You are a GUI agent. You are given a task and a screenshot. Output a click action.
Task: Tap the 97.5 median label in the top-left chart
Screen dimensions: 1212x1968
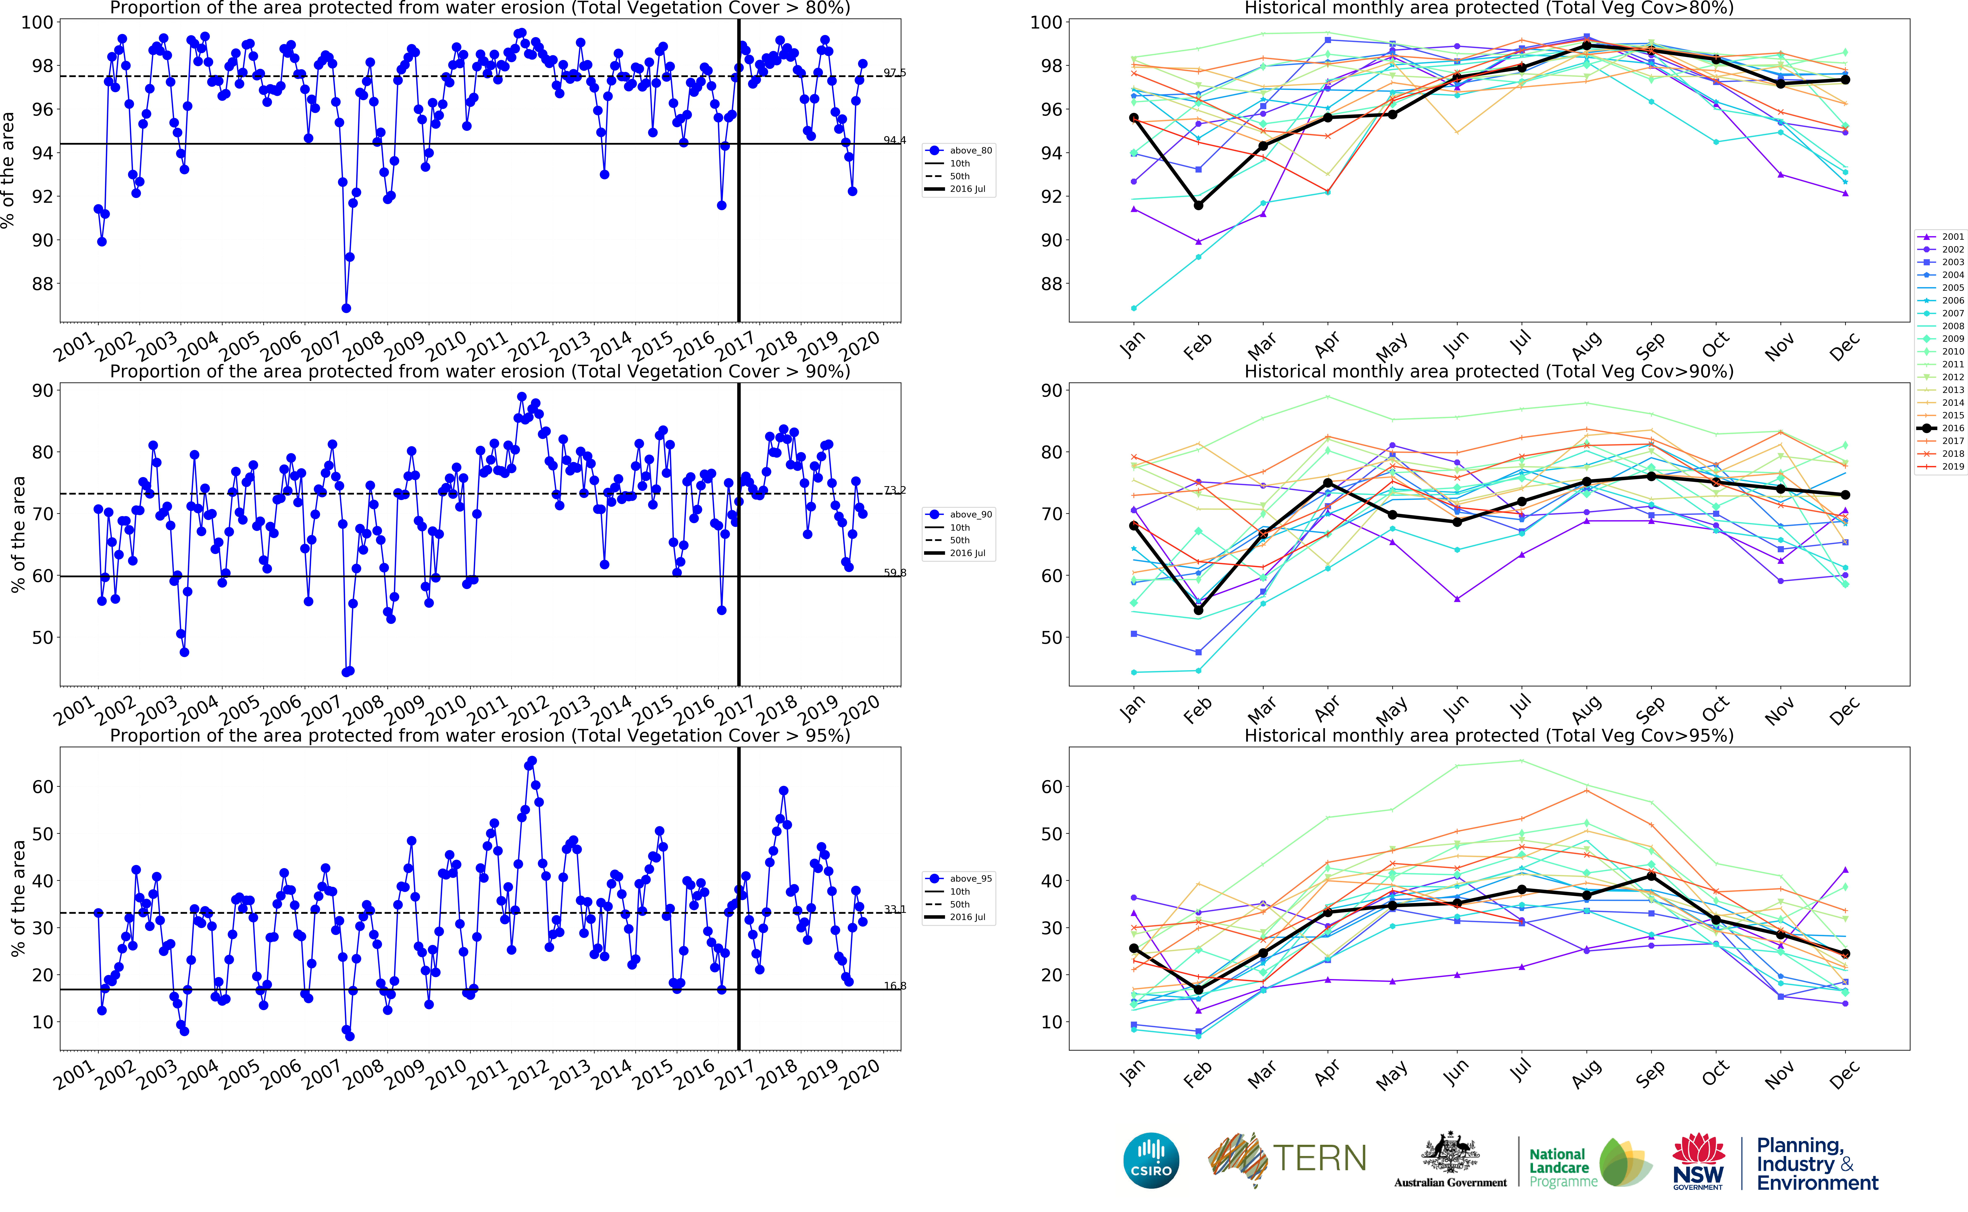895,73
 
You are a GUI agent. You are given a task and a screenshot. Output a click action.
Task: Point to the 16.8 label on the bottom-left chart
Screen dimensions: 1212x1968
895,986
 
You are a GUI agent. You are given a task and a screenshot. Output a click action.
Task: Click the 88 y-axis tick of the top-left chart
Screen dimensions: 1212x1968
42,284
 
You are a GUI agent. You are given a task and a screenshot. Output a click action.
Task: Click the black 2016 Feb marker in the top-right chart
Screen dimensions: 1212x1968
1198,205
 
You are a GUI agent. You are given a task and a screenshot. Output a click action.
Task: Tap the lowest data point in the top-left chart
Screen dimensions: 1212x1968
346,308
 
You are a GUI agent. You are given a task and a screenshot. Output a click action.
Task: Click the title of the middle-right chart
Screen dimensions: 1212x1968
1489,371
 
